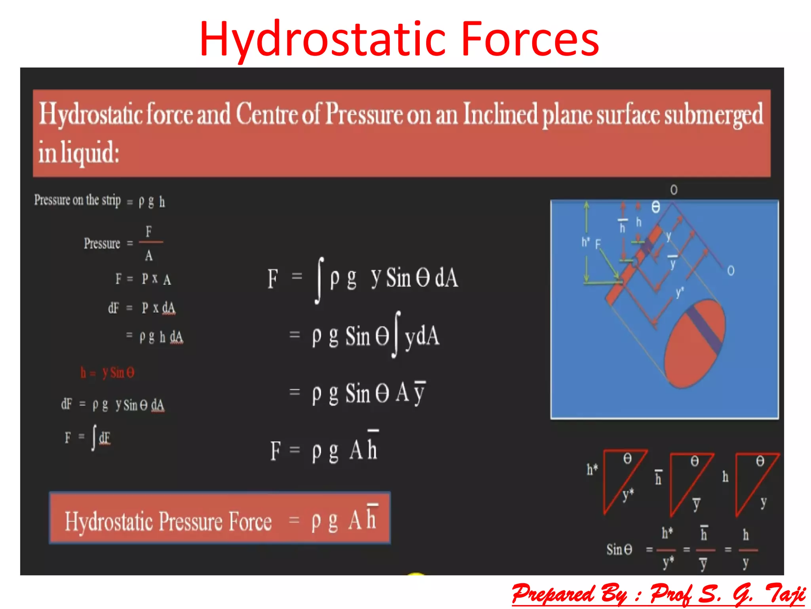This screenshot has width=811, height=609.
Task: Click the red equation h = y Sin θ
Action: [107, 373]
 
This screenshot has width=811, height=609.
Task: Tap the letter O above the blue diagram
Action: [674, 190]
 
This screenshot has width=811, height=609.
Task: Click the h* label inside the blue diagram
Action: [585, 241]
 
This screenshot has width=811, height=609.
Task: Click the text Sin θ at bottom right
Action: [619, 550]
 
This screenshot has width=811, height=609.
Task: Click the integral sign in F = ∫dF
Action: [94, 437]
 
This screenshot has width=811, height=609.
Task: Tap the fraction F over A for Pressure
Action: [149, 243]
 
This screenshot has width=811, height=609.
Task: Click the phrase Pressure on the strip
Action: [77, 200]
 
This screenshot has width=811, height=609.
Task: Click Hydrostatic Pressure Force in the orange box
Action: [168, 521]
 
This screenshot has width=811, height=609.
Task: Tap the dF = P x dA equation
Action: [141, 308]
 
